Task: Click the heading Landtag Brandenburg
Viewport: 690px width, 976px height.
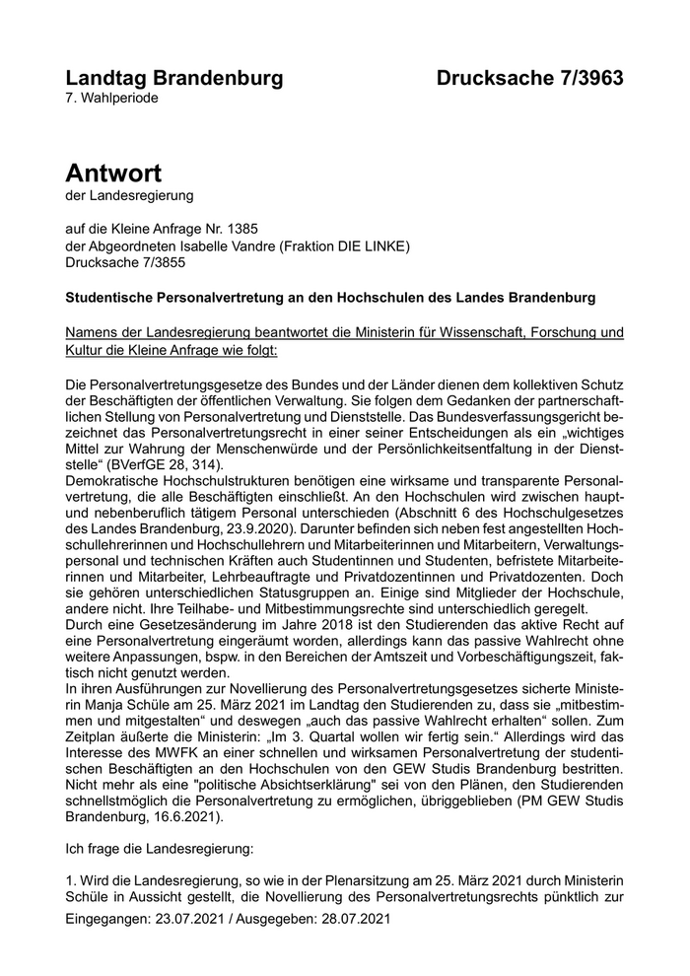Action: click(173, 78)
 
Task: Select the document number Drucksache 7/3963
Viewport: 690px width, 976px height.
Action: click(530, 78)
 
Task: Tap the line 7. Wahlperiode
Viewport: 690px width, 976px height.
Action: click(111, 99)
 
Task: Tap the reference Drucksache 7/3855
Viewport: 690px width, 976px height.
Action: click(124, 262)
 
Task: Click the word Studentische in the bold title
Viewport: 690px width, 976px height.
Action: click(111, 296)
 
